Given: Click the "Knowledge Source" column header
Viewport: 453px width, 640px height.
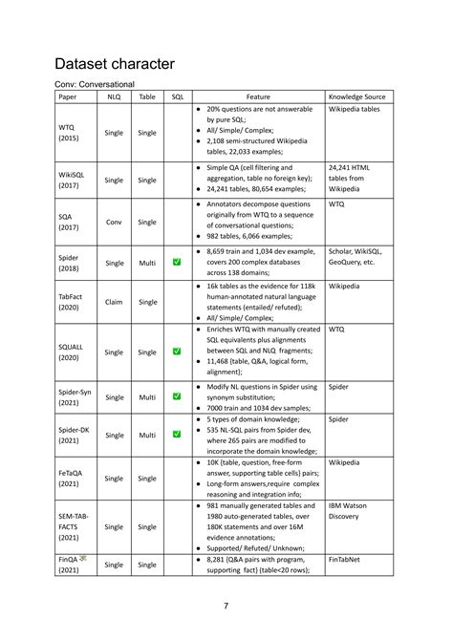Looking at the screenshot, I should pyautogui.click(x=356, y=96).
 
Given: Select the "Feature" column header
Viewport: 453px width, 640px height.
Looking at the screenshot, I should pyautogui.click(x=258, y=96).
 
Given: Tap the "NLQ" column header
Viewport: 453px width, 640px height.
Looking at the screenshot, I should pyautogui.click(x=114, y=96).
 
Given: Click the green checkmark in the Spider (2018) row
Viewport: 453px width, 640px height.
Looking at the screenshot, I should pyautogui.click(x=177, y=262).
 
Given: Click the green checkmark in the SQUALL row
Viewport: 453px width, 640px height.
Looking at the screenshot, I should pyautogui.click(x=177, y=352).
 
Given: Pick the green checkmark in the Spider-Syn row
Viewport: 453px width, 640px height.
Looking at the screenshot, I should pyautogui.click(x=177, y=396).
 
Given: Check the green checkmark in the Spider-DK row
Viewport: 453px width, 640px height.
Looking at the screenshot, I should pyautogui.click(x=177, y=435).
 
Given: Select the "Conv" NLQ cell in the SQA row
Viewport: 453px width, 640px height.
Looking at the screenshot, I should pyautogui.click(x=114, y=222).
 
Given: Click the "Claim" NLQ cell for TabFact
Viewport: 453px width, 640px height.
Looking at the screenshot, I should pyautogui.click(x=114, y=302).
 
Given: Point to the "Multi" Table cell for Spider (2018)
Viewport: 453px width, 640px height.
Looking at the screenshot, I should pyautogui.click(x=147, y=262).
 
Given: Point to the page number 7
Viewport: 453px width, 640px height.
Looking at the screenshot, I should pyautogui.click(x=226, y=606).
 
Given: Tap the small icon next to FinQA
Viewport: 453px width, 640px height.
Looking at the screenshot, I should pyautogui.click(x=83, y=558).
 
